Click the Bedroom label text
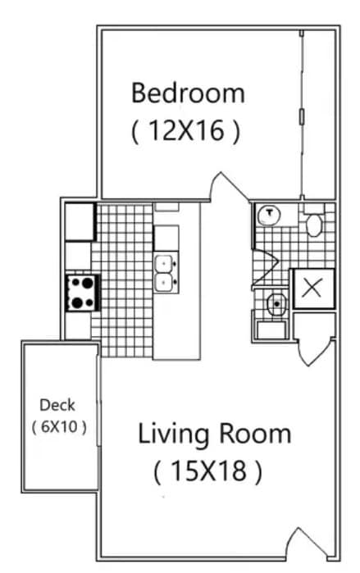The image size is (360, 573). point(188,92)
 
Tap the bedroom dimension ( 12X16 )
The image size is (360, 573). point(186,131)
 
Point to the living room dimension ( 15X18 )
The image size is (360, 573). point(207,471)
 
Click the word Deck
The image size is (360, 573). point(57,404)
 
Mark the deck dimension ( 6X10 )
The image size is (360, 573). point(58,426)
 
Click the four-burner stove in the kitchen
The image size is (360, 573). point(82,292)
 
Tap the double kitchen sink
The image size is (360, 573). point(165,272)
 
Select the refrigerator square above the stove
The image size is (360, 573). point(80,221)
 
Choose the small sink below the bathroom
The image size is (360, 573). point(276,303)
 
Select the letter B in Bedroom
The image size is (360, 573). point(139,92)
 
